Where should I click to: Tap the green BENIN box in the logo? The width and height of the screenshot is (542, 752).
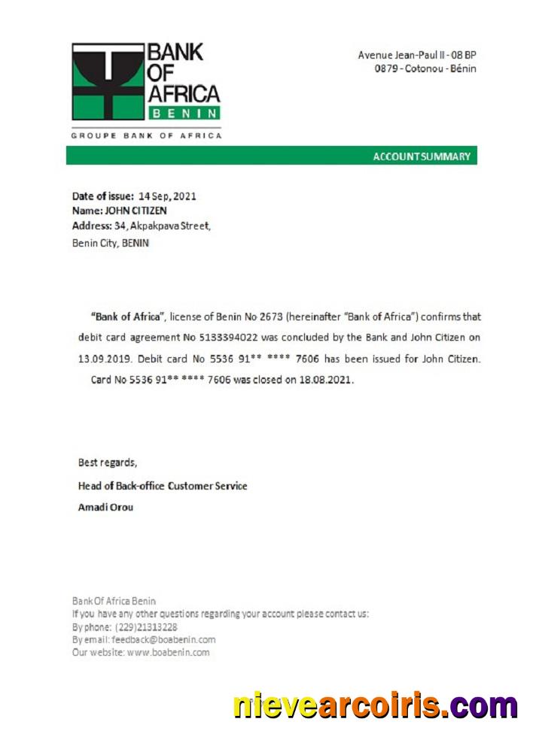(x=184, y=113)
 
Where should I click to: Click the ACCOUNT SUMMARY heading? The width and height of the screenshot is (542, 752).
(x=422, y=156)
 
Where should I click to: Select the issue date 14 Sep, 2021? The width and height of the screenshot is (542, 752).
(x=167, y=196)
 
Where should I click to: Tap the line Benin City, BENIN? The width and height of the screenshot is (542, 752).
(x=110, y=243)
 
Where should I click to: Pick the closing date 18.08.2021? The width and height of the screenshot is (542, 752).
(x=328, y=380)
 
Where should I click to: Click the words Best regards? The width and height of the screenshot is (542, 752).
(x=108, y=462)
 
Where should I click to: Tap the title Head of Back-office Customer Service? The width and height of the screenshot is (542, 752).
(x=163, y=486)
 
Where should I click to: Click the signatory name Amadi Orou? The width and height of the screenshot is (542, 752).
(x=105, y=507)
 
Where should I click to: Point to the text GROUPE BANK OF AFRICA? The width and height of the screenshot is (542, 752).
(x=146, y=135)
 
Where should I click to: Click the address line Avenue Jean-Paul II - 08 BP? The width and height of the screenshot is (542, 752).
(x=417, y=55)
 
